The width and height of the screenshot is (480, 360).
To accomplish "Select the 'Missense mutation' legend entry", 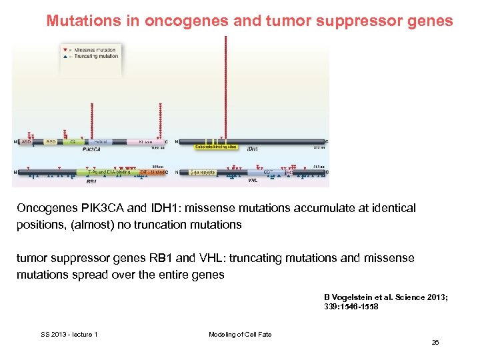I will pos(95,50).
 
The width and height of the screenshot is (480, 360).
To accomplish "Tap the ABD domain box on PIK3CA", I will pos(26,141).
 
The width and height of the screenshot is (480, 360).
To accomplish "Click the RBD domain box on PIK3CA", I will pos(51,141).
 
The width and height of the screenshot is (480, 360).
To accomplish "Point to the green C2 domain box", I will pos(72,141).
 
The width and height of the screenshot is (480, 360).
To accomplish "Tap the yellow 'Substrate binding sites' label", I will pos(215,147).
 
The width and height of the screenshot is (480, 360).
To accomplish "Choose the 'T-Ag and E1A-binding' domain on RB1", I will pos(109,172).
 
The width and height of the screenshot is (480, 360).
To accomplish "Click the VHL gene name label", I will pos(253,180).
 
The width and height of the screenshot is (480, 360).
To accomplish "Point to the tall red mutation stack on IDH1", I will pos(226,87).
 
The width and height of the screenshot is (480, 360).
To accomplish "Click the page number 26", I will pos(435,343).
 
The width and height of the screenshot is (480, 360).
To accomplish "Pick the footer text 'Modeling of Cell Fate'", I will pos(240,335).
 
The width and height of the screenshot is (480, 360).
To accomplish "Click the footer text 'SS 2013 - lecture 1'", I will pos(69,335).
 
